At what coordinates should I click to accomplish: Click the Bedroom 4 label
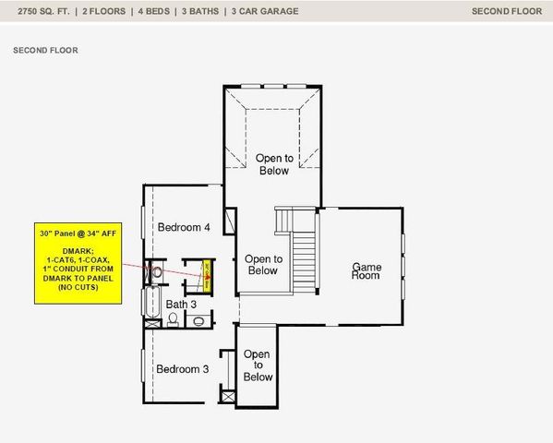click(x=184, y=227)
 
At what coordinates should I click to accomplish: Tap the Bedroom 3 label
click(x=182, y=369)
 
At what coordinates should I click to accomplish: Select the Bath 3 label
click(x=181, y=304)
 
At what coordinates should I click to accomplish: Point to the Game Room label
click(x=367, y=272)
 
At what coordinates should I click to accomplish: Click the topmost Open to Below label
click(x=272, y=164)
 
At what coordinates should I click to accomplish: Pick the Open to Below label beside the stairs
click(x=262, y=265)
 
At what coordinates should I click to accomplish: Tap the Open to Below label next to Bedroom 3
click(x=258, y=365)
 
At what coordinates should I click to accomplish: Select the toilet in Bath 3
click(x=173, y=319)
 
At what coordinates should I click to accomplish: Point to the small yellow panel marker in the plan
click(x=208, y=275)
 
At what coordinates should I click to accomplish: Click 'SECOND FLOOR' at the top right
click(x=506, y=11)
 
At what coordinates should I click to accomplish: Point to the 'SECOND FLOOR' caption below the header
click(x=45, y=51)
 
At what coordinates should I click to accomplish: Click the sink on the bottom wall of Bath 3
click(x=198, y=321)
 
